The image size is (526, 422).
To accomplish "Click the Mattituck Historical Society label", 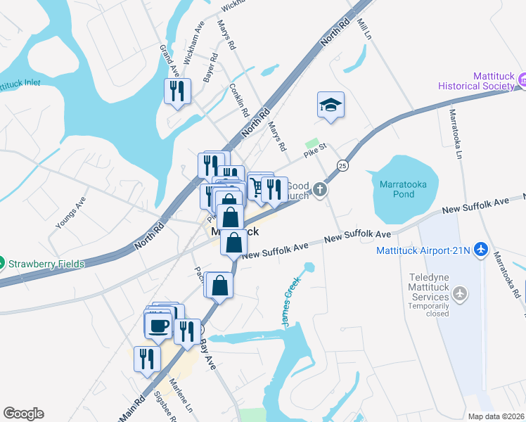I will (x=476, y=80).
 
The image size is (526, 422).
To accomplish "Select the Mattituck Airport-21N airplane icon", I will (x=481, y=249).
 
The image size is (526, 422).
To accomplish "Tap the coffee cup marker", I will (x=158, y=325).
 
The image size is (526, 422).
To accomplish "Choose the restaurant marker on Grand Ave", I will (x=177, y=91).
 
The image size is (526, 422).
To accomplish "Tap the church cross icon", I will (x=320, y=189).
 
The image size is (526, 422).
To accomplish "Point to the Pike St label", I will (x=315, y=149).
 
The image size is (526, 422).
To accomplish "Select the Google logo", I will (x=23, y=414).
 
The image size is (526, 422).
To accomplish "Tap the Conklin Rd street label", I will (x=239, y=100).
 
